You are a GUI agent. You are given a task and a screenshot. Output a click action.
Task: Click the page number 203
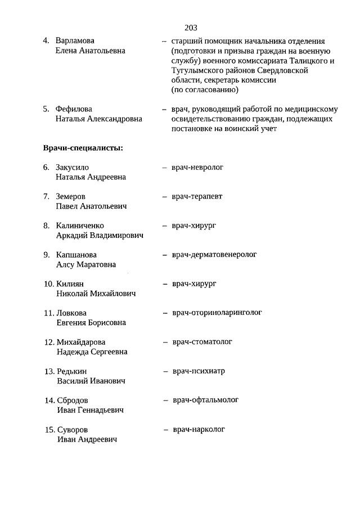click(190, 27)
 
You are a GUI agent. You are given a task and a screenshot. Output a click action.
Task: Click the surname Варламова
click(75, 41)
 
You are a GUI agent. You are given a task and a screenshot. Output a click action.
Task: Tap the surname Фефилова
click(74, 109)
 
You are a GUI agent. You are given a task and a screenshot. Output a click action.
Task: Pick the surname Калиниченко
click(80, 226)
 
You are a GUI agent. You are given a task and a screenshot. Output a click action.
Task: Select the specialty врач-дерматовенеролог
click(214, 254)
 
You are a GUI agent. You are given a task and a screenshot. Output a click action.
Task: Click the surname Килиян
click(70, 284)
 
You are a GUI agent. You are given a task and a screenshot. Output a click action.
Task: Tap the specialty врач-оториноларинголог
click(217, 313)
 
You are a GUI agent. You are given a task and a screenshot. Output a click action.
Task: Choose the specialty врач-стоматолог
click(202, 342)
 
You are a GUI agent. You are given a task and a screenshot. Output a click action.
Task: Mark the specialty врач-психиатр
click(200, 371)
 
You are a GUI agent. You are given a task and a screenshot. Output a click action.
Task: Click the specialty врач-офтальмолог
click(206, 400)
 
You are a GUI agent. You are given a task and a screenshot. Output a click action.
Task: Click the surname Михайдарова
click(81, 342)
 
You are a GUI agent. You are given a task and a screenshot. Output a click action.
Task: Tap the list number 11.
click(49, 313)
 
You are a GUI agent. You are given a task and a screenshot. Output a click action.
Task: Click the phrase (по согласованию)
click(205, 90)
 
